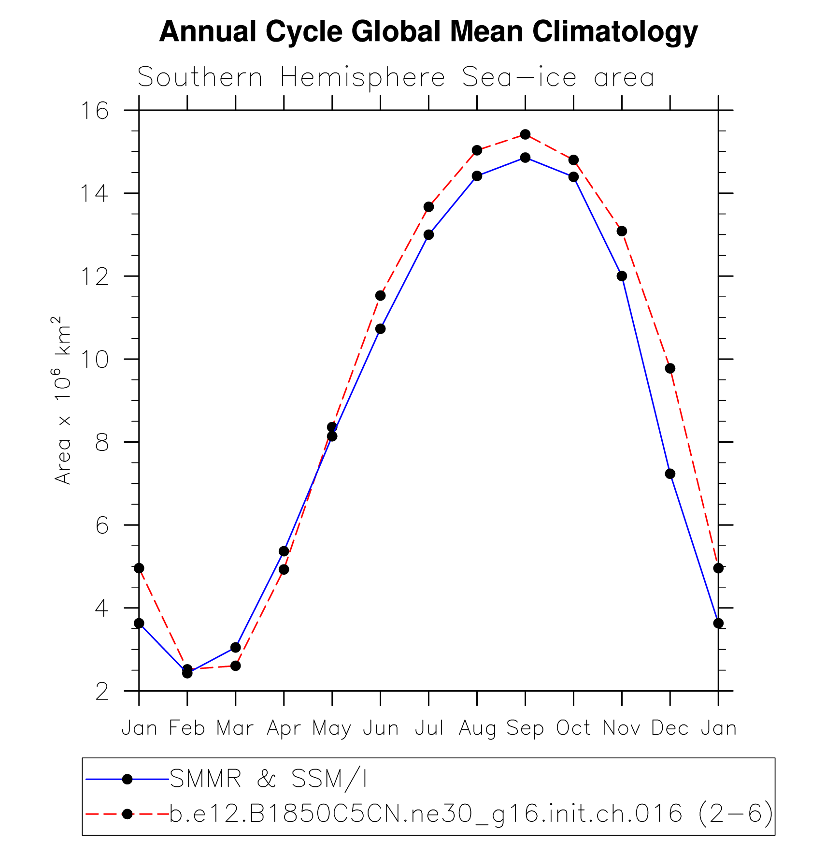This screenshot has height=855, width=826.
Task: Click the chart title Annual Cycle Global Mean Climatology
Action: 428,32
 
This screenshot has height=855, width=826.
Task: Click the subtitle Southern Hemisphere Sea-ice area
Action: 396,77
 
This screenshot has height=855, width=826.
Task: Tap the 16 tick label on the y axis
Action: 95,111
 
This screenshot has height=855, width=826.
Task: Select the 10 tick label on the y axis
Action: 95,360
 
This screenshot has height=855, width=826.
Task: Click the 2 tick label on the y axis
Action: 102,692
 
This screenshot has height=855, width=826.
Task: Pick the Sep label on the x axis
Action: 525,728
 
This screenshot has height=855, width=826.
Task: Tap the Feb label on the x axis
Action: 187,728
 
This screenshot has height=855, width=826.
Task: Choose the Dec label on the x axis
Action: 670,728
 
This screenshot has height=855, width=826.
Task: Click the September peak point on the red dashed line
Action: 525,134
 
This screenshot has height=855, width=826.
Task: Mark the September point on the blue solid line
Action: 525,158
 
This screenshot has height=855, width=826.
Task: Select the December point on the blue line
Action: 670,474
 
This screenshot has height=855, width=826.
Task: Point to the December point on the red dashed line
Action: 670,368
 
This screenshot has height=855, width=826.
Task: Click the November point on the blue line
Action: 622,276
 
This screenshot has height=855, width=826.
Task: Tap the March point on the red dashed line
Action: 235,666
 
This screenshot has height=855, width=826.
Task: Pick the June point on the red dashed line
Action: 380,295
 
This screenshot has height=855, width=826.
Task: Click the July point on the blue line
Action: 428,234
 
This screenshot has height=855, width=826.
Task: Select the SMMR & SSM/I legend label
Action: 268,779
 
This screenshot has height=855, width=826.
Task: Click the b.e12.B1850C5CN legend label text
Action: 471,814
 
